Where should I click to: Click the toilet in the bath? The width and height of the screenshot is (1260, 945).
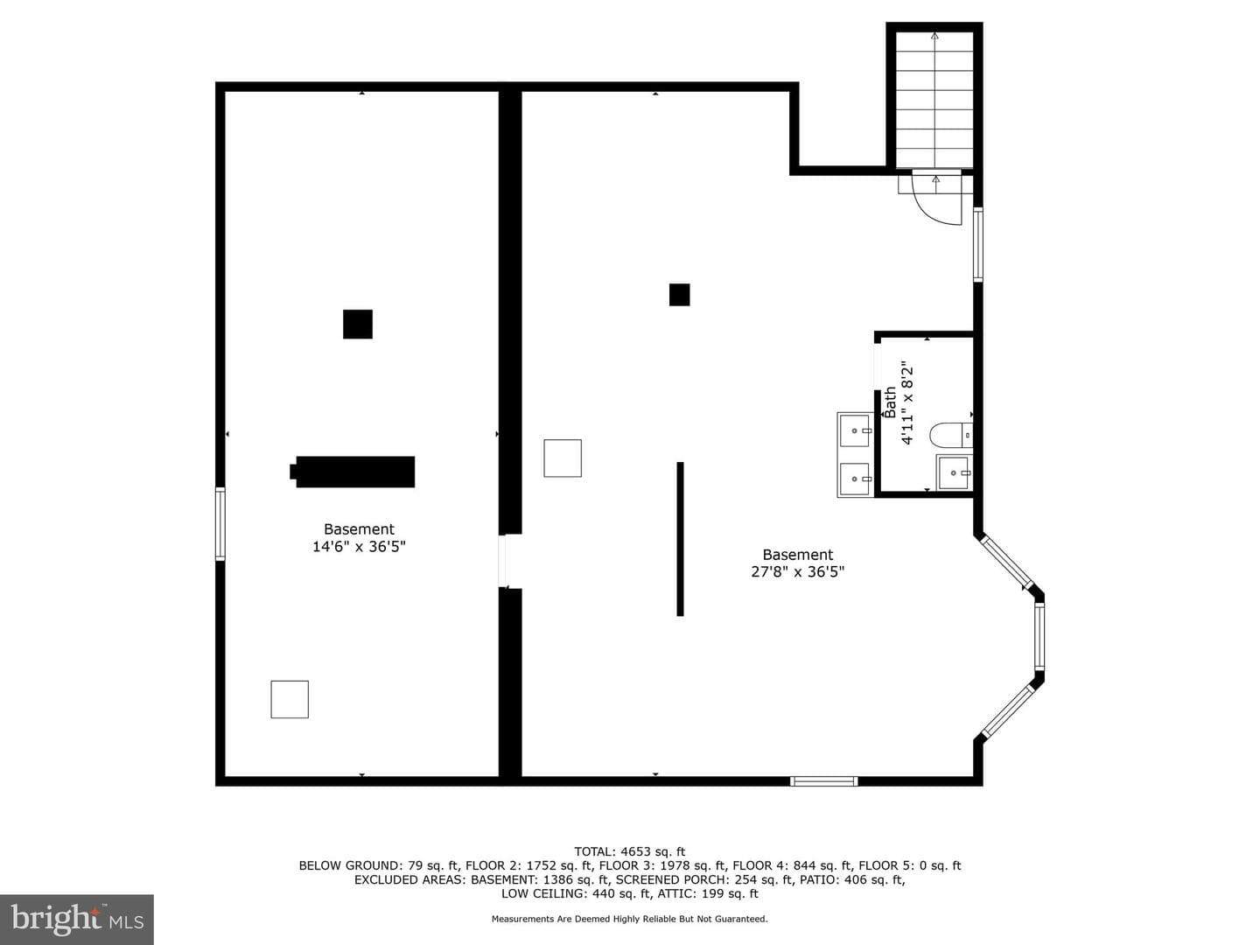pos(950,435)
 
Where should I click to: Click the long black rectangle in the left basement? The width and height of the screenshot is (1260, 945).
pos(352,472)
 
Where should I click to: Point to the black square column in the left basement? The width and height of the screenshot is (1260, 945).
pos(358,324)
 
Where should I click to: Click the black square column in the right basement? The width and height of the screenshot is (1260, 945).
pos(679,295)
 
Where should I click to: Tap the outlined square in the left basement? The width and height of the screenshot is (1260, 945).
pos(290,699)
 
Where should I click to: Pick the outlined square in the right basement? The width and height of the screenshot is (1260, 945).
pos(563,458)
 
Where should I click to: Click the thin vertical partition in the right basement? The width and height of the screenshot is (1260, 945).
pos(680,539)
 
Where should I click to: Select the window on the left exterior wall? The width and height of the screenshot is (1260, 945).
pos(220,523)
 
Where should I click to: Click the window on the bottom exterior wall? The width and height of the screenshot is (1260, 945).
pos(823,780)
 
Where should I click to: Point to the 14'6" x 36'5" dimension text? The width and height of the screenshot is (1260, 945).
pos(359,546)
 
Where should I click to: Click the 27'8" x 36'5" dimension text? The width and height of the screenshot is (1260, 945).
pos(798,571)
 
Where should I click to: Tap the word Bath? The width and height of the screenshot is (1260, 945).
pos(890,402)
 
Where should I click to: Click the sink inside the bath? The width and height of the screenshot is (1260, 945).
pos(954,472)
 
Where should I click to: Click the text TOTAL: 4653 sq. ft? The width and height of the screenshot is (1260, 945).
pos(630,851)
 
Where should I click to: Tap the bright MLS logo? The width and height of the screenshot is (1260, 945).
pos(77,919)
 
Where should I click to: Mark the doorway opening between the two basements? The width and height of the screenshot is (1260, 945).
pos(503,561)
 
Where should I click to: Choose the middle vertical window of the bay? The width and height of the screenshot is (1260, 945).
pos(1039,635)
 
